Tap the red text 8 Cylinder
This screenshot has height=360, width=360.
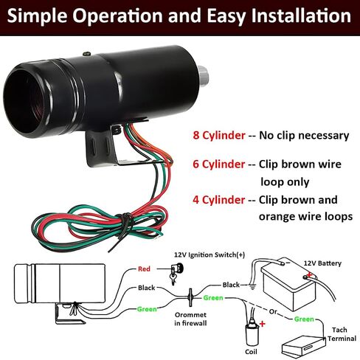[x=219, y=136]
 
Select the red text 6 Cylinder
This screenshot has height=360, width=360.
[x=219, y=165]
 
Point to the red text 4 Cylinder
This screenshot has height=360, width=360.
[x=219, y=200]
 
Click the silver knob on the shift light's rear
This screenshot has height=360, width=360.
[x=203, y=76]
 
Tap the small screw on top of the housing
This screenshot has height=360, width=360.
[x=86, y=54]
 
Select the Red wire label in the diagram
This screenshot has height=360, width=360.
[x=144, y=269]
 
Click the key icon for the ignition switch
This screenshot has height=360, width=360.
[x=176, y=272]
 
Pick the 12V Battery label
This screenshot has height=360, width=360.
[x=322, y=263]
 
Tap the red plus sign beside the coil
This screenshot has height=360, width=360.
[x=263, y=324]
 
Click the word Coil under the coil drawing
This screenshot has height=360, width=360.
[x=251, y=352]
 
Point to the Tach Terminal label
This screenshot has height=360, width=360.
[x=342, y=334]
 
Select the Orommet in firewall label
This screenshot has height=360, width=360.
[x=190, y=319]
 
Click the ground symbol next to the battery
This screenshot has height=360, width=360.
[x=252, y=287]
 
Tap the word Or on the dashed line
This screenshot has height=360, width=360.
[x=273, y=311]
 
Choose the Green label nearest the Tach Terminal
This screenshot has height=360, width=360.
[x=304, y=319]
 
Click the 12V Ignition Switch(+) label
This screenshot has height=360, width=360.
[x=210, y=255]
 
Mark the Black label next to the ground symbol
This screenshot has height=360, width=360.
[x=231, y=285]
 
